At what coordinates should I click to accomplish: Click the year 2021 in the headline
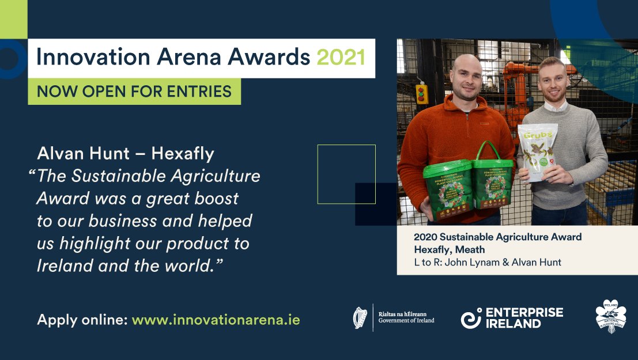click(341, 58)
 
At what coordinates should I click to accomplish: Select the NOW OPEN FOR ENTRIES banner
click(134, 91)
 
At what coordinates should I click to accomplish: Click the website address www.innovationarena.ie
click(216, 320)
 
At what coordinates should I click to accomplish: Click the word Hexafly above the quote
click(183, 154)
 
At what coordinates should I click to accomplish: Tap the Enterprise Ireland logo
click(512, 318)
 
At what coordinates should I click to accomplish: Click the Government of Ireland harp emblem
click(360, 318)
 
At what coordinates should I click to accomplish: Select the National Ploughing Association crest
click(610, 318)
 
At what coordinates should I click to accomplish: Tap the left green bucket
click(447, 190)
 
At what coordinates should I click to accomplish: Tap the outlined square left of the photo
click(346, 174)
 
